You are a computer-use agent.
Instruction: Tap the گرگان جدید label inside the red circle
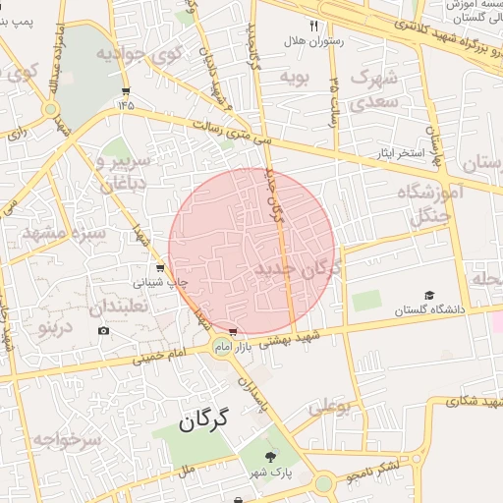click(297, 268)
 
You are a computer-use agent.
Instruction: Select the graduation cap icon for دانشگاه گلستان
click(428, 296)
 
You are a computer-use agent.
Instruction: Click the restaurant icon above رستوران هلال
click(314, 26)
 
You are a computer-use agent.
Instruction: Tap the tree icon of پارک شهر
click(271, 456)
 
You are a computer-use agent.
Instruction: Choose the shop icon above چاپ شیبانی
click(160, 267)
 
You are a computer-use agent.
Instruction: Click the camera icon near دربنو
click(104, 330)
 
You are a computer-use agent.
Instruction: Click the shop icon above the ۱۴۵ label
click(125, 90)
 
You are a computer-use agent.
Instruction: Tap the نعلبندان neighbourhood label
click(126, 307)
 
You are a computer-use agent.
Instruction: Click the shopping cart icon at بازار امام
click(233, 333)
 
